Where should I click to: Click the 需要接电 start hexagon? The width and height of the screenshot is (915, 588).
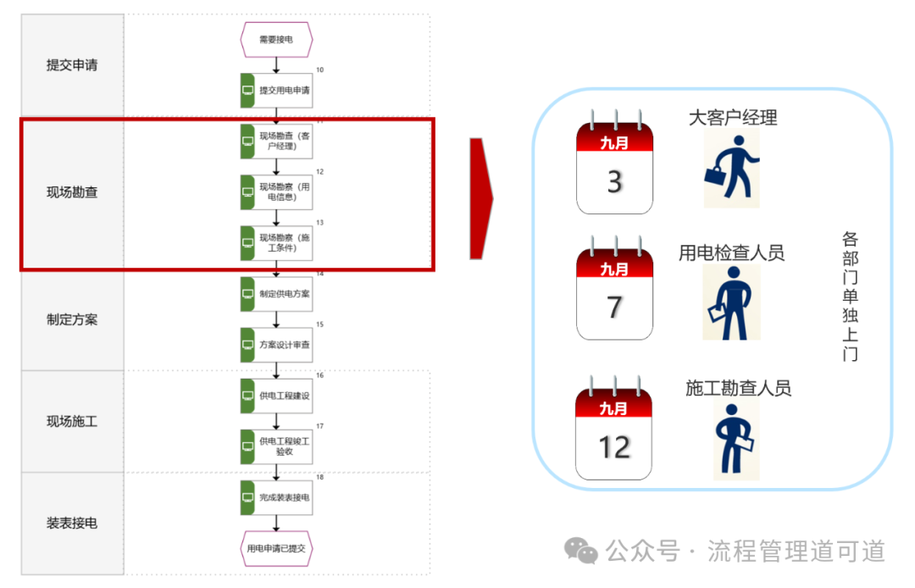pyautogui.click(x=277, y=39)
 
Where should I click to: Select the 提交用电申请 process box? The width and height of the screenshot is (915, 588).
pyautogui.click(x=284, y=91)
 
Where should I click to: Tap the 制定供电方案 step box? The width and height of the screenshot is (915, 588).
pyautogui.click(x=284, y=294)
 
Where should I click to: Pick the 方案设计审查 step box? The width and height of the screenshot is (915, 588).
pyautogui.click(x=284, y=345)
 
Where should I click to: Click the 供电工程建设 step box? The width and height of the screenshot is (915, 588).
pyautogui.click(x=284, y=396)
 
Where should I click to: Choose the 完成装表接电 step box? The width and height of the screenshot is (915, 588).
pyautogui.click(x=284, y=497)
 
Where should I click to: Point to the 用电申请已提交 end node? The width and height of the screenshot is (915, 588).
pyautogui.click(x=277, y=548)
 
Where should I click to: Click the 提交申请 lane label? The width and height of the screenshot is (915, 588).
pyautogui.click(x=72, y=65)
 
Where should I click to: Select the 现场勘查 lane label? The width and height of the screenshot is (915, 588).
pyautogui.click(x=72, y=192)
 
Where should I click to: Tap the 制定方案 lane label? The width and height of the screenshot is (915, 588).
pyautogui.click(x=72, y=319)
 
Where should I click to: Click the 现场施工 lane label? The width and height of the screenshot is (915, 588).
pyautogui.click(x=72, y=421)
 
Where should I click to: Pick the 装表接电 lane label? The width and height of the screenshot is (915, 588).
pyautogui.click(x=72, y=523)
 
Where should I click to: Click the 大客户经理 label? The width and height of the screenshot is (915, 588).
pyautogui.click(x=733, y=117)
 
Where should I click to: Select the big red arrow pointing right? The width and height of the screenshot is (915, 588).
pyautogui.click(x=482, y=198)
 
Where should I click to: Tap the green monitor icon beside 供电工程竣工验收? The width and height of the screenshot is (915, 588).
pyautogui.click(x=247, y=447)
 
